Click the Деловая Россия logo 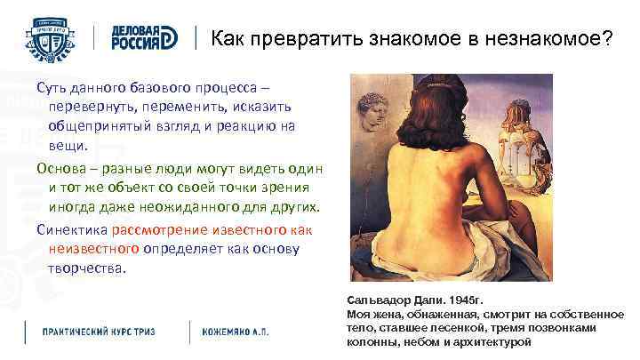point(146,38)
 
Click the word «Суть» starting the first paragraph point(51,90)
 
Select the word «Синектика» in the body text point(71,228)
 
